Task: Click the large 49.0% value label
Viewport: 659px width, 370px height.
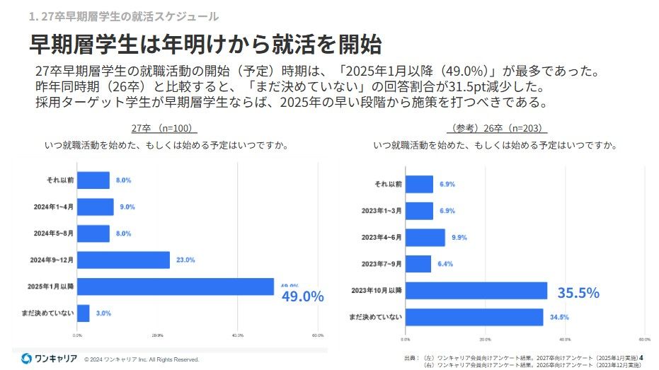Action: [x=302, y=296]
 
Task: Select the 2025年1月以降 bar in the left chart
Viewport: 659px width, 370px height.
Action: [x=175, y=287]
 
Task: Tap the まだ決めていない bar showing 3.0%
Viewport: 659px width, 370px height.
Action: [x=84, y=313]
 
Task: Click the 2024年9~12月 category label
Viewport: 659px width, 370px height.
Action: [x=54, y=260]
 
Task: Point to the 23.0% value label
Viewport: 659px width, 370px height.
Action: [x=185, y=260]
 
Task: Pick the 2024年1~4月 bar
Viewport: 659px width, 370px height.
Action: [x=95, y=207]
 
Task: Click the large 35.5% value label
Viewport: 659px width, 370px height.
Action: [x=578, y=292]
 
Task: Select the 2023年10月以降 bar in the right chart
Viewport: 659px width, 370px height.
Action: [x=476, y=291]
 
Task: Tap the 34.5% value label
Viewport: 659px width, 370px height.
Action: [x=559, y=317]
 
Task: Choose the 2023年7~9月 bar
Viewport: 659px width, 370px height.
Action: [x=418, y=264]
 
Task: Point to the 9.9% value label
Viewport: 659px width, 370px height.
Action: [x=459, y=238]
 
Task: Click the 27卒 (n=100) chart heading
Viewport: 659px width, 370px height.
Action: [x=164, y=128]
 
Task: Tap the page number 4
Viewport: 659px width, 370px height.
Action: [x=641, y=357]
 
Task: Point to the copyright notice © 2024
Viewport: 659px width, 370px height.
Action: [x=142, y=359]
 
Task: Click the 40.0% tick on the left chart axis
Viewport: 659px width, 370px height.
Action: [x=238, y=335]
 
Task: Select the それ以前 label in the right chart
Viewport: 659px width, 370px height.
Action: [x=388, y=184]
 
